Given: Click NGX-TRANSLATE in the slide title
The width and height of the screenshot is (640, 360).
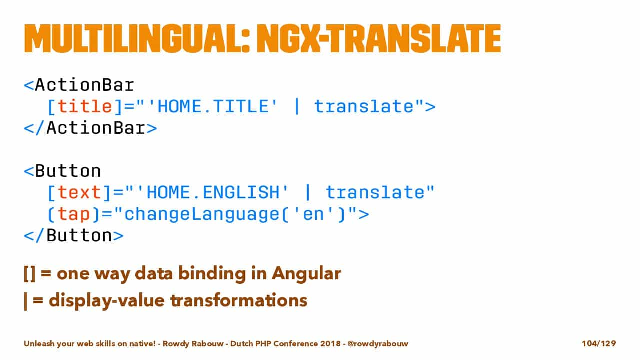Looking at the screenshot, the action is pos(379,39).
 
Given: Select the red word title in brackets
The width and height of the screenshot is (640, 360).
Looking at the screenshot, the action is pos(85,106).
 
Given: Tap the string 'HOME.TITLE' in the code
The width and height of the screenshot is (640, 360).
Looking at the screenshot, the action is pos(213,106).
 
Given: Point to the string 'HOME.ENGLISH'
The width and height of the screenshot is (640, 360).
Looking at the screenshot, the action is pos(213,192).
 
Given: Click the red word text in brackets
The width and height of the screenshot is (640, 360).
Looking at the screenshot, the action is pos(79,192).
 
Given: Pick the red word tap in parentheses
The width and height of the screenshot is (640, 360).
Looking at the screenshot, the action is pos(74,214).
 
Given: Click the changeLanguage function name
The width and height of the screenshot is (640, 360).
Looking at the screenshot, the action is pos(202,214).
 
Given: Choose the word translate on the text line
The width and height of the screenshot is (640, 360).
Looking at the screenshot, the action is pos(375,192).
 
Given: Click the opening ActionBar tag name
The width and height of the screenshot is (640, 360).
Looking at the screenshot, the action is pos(85,85).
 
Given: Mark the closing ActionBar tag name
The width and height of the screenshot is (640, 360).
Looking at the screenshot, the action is pos(96,128).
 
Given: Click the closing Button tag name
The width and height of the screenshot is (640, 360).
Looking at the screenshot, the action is pos(79,235).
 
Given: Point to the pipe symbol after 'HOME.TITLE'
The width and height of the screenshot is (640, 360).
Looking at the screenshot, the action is pos(297,106).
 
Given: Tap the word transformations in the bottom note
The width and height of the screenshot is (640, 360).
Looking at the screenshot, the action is pos(239,301).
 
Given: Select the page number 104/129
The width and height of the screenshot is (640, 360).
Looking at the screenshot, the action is pos(599,343).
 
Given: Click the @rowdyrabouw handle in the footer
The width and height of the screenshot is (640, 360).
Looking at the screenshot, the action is pos(378,343).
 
